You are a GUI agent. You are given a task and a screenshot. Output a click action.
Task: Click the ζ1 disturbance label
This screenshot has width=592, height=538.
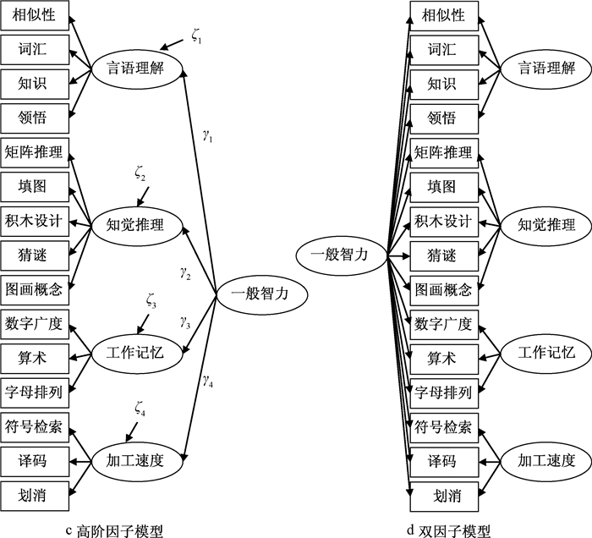click(197, 35)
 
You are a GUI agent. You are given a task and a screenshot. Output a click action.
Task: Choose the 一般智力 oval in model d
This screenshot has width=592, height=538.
click(338, 251)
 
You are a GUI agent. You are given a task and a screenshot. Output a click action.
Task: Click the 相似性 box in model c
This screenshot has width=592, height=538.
click(35, 16)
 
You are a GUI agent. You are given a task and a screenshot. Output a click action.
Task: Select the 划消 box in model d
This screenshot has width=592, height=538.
click(442, 492)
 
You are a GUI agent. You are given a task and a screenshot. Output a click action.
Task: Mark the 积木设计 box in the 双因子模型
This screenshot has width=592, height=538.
click(442, 222)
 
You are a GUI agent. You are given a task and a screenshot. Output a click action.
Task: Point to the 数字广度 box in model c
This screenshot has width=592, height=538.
click(35, 324)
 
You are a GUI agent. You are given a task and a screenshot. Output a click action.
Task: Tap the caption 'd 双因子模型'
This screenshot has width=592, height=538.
click(447, 530)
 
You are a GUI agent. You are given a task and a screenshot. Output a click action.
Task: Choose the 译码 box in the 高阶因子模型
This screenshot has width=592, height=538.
click(35, 462)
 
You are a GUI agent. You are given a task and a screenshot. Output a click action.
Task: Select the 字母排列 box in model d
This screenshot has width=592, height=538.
click(442, 391)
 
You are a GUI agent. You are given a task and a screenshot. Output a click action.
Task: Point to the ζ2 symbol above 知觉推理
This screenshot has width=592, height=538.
click(140, 175)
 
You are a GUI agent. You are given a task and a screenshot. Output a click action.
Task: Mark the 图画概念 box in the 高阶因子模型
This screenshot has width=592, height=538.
click(35, 289)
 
